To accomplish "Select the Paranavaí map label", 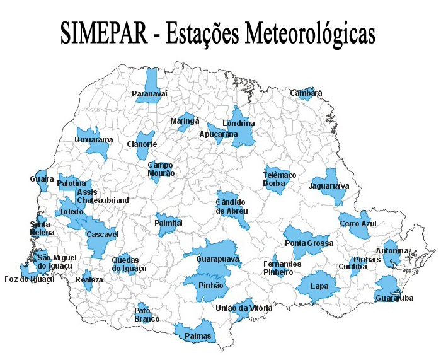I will click(x=150, y=94).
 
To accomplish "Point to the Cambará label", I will click(x=306, y=93).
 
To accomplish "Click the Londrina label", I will click(x=238, y=124).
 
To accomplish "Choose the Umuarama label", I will click(x=93, y=139).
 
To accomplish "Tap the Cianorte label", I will click(x=142, y=144).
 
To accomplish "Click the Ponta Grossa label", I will click(x=309, y=243).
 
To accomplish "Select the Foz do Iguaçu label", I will click(x=29, y=279).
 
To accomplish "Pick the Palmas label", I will click(x=198, y=336).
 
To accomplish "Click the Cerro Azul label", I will click(x=357, y=224).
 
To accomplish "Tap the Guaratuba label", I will click(x=394, y=298).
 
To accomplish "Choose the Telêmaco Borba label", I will click(x=280, y=179).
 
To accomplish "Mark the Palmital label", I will click(x=168, y=223).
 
